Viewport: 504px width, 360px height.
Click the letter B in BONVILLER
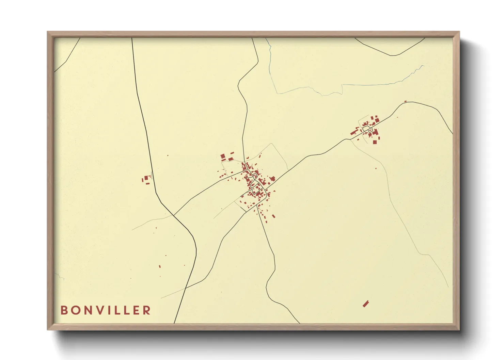(x=64, y=310)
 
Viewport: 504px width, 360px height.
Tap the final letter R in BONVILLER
(x=147, y=310)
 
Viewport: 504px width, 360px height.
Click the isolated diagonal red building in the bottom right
(x=366, y=304)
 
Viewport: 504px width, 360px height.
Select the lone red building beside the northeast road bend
(x=405, y=101)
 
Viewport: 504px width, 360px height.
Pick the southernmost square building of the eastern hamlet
(x=375, y=142)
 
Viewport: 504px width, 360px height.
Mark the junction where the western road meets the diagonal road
(x=174, y=215)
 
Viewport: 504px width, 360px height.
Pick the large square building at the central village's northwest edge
(x=223, y=157)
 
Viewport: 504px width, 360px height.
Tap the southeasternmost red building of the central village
(x=274, y=216)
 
